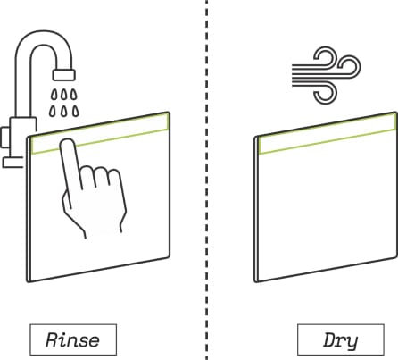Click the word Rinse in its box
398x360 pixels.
[72, 339]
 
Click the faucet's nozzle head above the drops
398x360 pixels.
[64, 75]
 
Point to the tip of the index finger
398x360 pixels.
[67, 141]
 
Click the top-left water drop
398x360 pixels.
[54, 95]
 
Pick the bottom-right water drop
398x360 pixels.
[76, 111]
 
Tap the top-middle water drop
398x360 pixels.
[64, 95]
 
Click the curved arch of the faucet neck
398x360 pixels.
[44, 38]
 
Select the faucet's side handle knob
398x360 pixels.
[5, 137]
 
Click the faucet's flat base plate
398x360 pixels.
[13, 163]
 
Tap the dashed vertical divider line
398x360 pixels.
[207, 180]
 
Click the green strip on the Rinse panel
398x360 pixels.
[101, 133]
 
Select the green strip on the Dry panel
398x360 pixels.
[328, 133]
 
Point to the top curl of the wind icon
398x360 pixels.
[326, 56]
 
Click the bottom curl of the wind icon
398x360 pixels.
[326, 93]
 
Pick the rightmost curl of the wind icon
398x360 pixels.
[350, 67]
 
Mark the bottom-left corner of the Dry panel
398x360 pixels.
[256, 281]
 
